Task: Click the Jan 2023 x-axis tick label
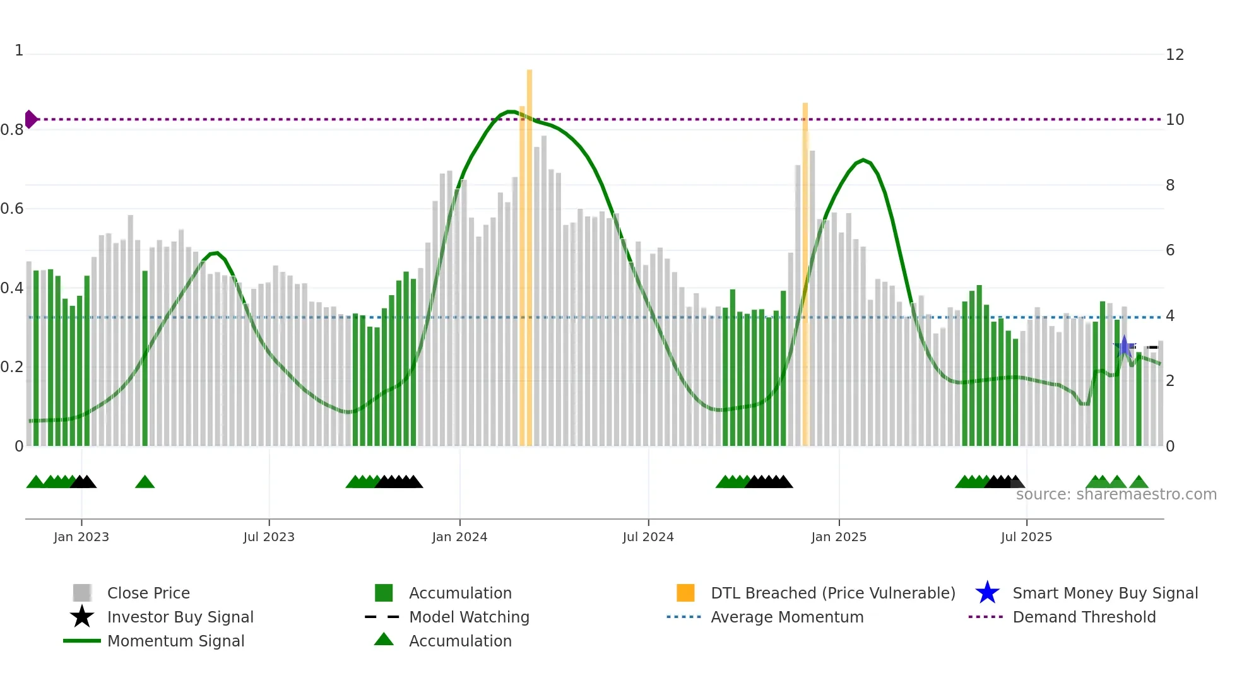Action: click(81, 537)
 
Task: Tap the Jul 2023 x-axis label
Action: click(269, 537)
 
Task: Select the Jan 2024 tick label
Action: click(459, 537)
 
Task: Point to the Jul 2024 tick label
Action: click(648, 537)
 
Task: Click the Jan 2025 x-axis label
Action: click(839, 537)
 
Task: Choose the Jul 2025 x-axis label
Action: click(1026, 537)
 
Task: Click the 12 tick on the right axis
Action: click(1175, 55)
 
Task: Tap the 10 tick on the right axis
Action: click(1175, 120)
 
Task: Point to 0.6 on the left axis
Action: click(13, 209)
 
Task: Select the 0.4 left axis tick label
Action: click(13, 288)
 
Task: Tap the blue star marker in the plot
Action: click(1124, 346)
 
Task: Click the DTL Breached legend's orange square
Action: click(685, 593)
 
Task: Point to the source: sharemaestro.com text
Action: click(1116, 494)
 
